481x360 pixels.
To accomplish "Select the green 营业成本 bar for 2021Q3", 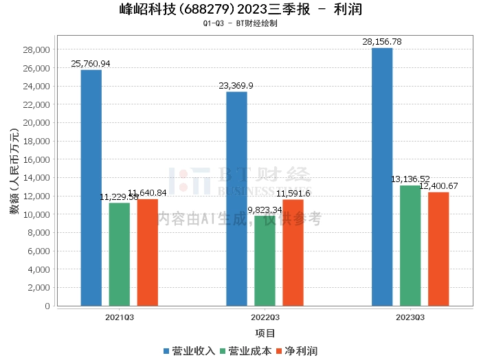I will click(x=119, y=254).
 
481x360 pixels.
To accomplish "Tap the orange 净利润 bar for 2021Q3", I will click(x=147, y=252).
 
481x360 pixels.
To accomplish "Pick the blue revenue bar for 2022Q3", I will click(x=236, y=199).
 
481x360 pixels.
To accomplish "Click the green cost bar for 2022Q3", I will click(x=265, y=260).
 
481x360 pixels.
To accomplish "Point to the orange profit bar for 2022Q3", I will click(x=293, y=252).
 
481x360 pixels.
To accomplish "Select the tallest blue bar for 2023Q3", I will click(x=382, y=177).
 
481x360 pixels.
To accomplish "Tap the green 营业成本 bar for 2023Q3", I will click(x=410, y=245).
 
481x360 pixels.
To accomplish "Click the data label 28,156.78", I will click(x=382, y=42).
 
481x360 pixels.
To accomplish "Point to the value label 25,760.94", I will click(x=91, y=64).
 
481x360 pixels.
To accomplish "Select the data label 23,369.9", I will click(x=236, y=86).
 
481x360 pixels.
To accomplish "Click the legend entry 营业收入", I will click(x=189, y=351).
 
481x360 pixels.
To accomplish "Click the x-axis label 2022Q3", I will click(x=265, y=317).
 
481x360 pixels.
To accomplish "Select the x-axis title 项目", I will click(x=265, y=334).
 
